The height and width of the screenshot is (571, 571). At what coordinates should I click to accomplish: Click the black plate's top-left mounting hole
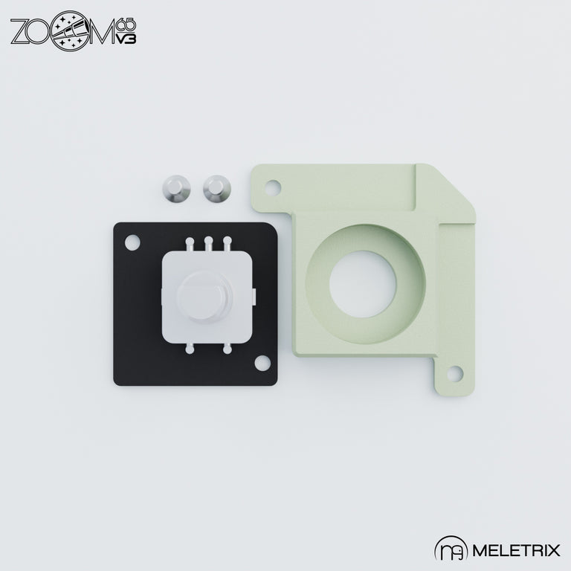(133, 242)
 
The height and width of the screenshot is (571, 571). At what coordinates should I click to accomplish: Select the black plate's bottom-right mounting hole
(261, 362)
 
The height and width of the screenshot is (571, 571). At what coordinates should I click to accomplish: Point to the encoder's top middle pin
(209, 242)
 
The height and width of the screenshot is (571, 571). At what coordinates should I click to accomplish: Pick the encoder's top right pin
(227, 242)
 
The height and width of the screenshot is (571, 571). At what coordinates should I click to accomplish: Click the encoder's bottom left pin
(190, 347)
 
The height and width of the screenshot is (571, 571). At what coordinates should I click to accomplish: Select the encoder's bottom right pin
(227, 347)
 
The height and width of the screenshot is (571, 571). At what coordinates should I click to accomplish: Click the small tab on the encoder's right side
(254, 296)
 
